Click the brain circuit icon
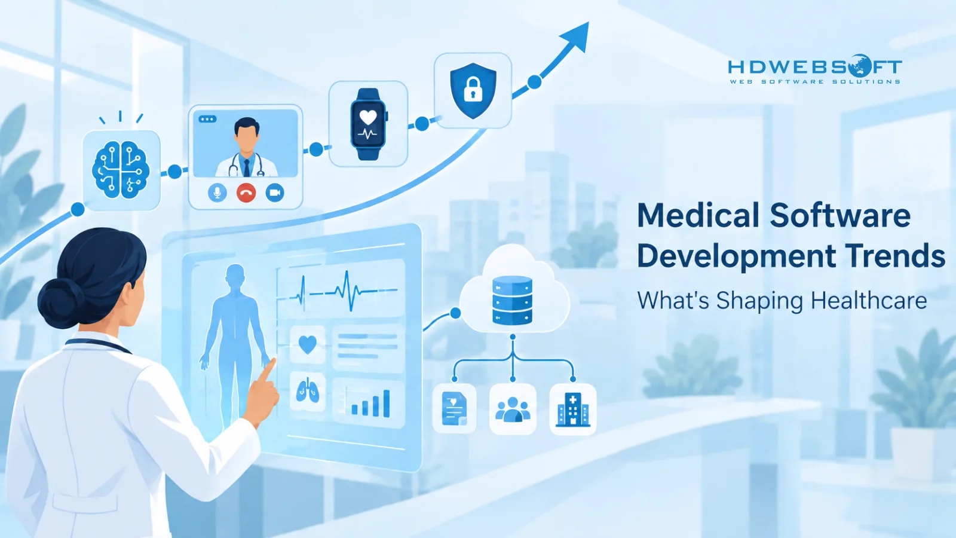coord(121,170)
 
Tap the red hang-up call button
coord(246,193)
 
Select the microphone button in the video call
coord(217,193)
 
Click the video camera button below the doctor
coord(275,193)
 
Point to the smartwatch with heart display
coord(369,124)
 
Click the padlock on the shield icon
coord(473,90)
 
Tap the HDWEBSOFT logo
coord(815,69)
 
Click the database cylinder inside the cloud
coord(512,299)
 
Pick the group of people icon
coord(513,410)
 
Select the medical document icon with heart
coord(454,409)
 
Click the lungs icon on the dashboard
coord(307,391)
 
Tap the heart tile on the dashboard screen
coord(307,345)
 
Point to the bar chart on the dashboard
coord(370,403)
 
